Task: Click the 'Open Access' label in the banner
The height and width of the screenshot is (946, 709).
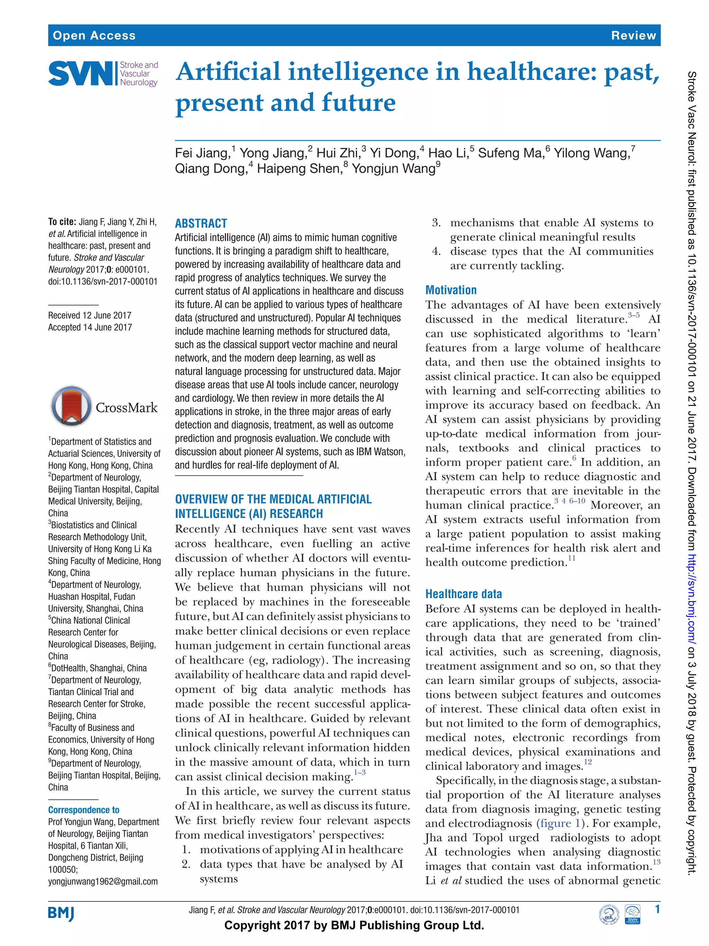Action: pyautogui.click(x=94, y=35)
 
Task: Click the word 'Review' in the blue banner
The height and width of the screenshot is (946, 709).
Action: pyautogui.click(x=633, y=35)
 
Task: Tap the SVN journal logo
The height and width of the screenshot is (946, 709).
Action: pyautogui.click(x=103, y=73)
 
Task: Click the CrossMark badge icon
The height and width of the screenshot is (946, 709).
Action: pyautogui.click(x=71, y=406)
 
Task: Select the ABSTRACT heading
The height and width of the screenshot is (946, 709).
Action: pyautogui.click(x=201, y=223)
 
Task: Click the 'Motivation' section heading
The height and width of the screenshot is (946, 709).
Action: pyautogui.click(x=451, y=290)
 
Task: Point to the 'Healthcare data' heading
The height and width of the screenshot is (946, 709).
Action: pyautogui.click(x=463, y=594)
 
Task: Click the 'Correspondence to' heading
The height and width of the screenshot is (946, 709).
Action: pyautogui.click(x=84, y=810)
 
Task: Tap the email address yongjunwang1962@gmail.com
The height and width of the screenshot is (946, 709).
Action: pyautogui.click(x=103, y=882)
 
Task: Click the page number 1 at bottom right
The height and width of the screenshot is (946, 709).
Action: pyautogui.click(x=657, y=909)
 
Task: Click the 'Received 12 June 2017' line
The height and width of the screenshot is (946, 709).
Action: pyautogui.click(x=90, y=315)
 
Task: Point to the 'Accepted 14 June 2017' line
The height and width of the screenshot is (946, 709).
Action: pyautogui.click(x=90, y=327)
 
